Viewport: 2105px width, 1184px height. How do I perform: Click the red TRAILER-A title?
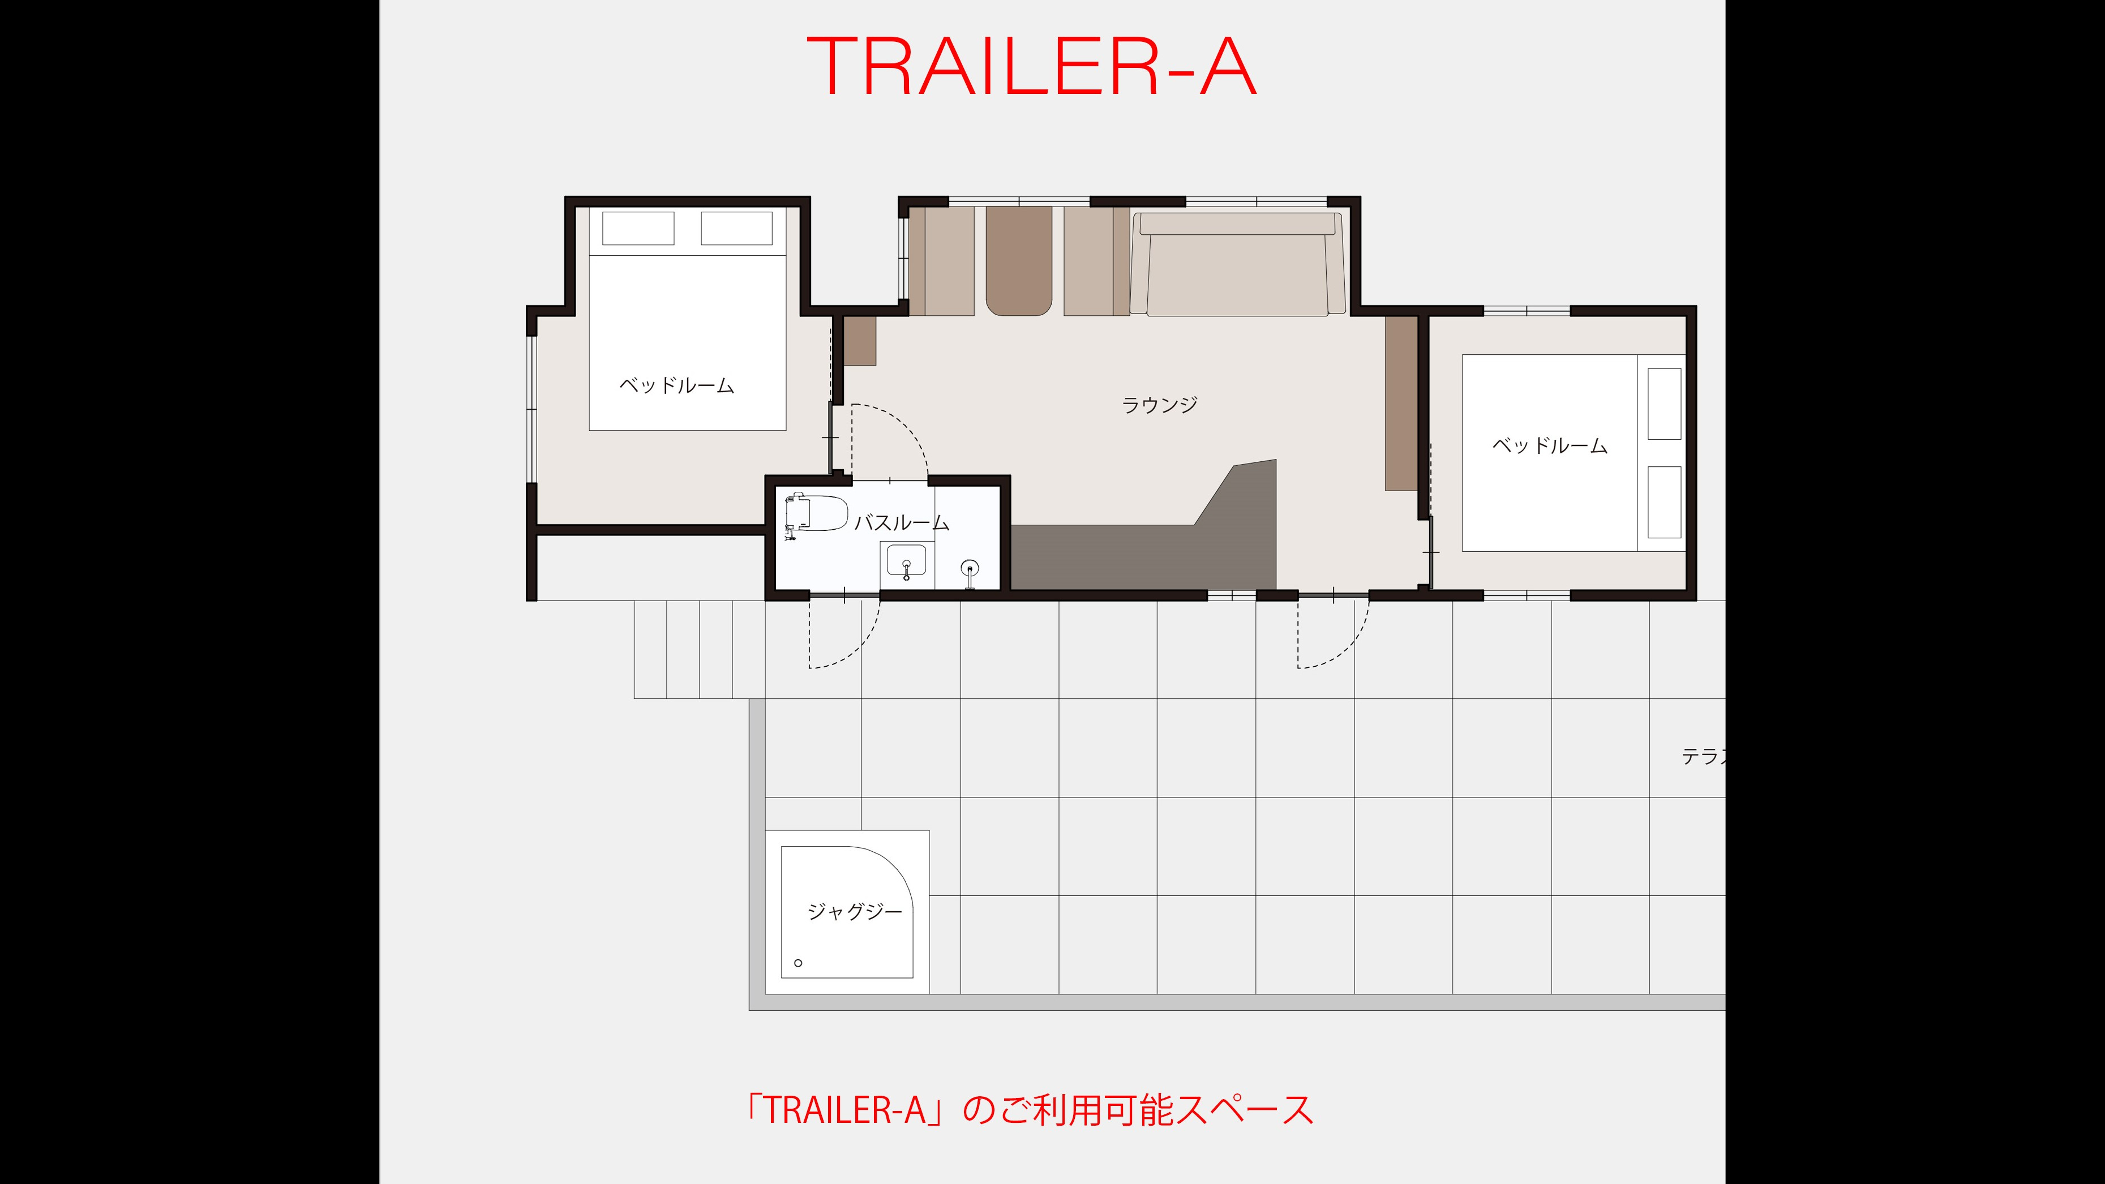1031,67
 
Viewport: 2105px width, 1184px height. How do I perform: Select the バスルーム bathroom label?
901,523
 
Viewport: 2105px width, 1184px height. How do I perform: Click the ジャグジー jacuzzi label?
855,911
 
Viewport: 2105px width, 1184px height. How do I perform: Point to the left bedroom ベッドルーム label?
676,385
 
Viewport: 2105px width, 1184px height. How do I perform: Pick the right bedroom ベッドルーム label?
1549,445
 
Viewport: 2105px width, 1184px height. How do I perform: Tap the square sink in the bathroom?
906,563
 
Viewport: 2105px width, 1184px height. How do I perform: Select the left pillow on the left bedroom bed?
638,228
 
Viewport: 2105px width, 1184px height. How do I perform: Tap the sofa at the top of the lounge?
1238,264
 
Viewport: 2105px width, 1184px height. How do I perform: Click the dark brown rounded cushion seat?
1018,260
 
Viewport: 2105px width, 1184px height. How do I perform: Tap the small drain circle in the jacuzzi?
799,963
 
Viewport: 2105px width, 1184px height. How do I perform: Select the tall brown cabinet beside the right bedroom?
1401,404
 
